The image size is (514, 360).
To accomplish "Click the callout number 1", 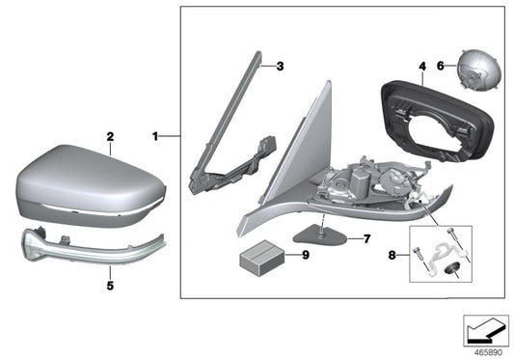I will [x=154, y=136].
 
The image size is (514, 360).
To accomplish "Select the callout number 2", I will [x=110, y=138].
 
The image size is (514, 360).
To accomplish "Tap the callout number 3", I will [x=280, y=67].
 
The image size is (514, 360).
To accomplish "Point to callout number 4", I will [x=421, y=67].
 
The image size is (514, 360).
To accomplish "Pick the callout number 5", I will [x=110, y=286].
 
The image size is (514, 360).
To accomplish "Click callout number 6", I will [x=441, y=67].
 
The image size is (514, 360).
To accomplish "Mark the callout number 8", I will [x=390, y=257].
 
